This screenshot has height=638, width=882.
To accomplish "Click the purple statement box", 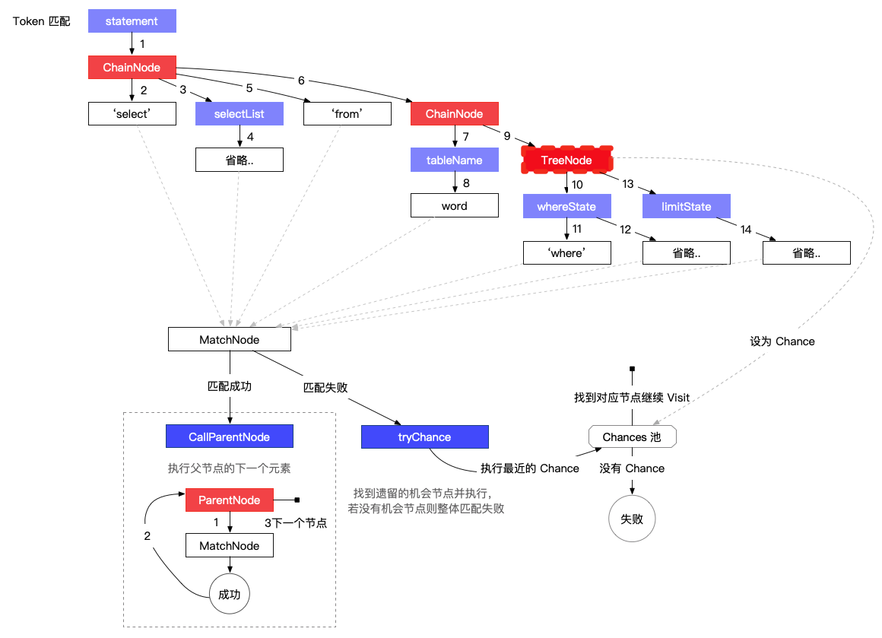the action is (132, 21).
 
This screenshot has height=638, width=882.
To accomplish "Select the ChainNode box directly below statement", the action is (132, 68).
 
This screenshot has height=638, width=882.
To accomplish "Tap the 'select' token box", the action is (132, 113).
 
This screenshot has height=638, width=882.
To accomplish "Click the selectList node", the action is (239, 113).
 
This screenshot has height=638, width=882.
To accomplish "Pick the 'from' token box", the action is (347, 113).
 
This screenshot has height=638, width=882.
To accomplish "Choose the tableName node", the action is (455, 160).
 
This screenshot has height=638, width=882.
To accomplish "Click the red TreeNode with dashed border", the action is (566, 160).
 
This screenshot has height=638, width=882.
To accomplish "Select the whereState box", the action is (566, 207).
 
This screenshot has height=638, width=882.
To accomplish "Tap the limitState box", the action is (687, 207).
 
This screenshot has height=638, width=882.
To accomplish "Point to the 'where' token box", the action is (567, 252).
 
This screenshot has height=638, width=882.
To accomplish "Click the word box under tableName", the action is (455, 205).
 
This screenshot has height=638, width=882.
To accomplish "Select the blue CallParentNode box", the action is (230, 436).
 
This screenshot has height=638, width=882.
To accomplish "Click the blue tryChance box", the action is (425, 436).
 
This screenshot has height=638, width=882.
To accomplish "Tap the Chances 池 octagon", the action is (633, 436).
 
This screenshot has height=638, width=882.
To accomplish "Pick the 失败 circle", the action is (633, 519).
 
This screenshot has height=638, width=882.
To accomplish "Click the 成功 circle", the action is (230, 594).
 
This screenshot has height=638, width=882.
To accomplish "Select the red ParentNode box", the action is (230, 500).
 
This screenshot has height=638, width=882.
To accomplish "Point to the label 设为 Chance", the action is (782, 341).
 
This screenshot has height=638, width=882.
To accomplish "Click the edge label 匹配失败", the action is (325, 387).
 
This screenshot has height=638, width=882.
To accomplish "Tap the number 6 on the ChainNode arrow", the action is (302, 81).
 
